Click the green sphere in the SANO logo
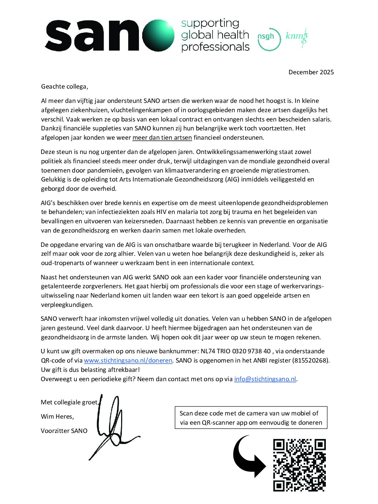click(x=158, y=36)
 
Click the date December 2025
click(x=311, y=72)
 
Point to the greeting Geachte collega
click(x=64, y=86)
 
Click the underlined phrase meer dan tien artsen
click(x=162, y=138)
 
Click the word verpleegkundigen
click(x=67, y=305)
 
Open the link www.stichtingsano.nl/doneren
click(x=128, y=360)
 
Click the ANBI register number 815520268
click(x=310, y=360)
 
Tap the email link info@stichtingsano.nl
click(x=265, y=379)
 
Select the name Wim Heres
click(x=57, y=416)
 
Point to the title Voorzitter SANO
click(x=64, y=431)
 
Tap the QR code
click(x=299, y=465)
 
